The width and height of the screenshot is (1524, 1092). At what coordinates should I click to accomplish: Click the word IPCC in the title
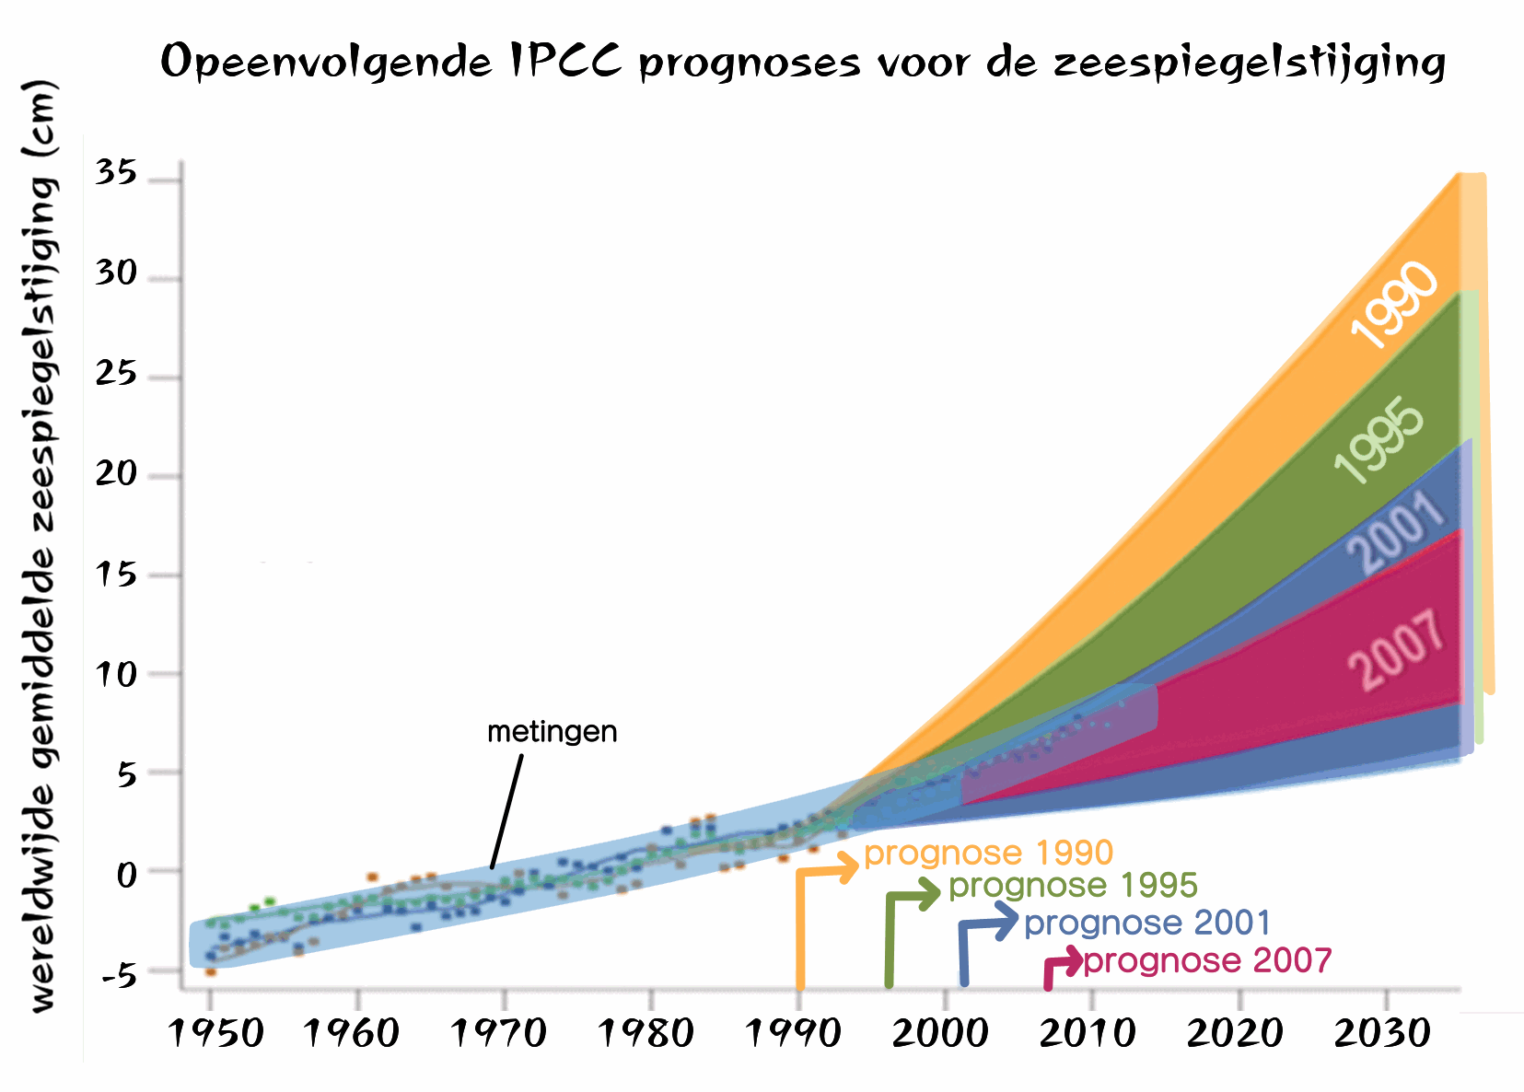[564, 63]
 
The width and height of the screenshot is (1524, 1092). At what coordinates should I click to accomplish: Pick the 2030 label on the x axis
[1382, 1033]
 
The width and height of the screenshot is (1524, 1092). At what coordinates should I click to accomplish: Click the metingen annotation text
[552, 732]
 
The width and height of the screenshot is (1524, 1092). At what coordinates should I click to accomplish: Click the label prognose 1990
[988, 853]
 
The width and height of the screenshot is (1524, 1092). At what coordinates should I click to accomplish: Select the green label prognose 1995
[1073, 886]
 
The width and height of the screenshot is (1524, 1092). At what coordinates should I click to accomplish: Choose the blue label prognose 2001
[1146, 923]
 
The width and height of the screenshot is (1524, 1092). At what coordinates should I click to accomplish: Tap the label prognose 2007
[1207, 961]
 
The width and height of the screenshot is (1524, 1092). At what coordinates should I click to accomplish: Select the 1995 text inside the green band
[1380, 440]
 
